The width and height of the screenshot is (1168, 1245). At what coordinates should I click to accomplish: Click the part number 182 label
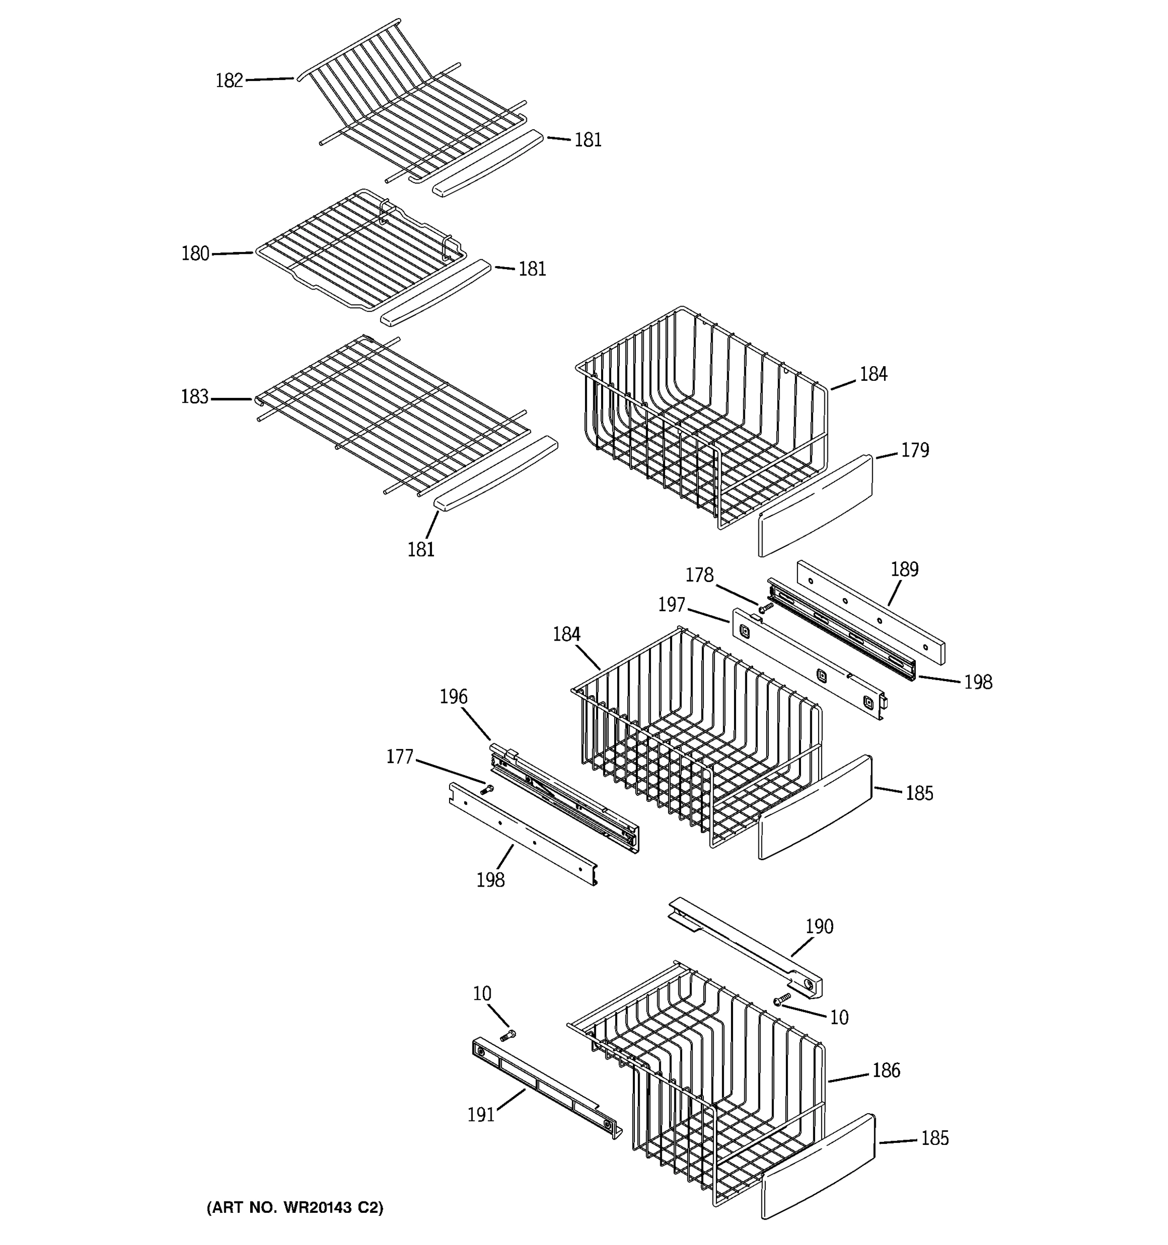pyautogui.click(x=229, y=81)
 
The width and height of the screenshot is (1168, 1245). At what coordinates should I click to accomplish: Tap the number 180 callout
pyautogui.click(x=195, y=254)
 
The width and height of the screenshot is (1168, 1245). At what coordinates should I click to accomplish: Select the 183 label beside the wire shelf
pyautogui.click(x=194, y=397)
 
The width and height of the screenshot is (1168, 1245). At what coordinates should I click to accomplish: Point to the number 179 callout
pyautogui.click(x=915, y=450)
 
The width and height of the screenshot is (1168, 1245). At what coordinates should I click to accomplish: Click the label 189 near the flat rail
pyautogui.click(x=904, y=569)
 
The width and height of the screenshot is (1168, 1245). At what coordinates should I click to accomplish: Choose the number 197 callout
pyautogui.click(x=671, y=605)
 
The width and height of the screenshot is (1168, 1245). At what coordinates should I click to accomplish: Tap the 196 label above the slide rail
pyautogui.click(x=453, y=696)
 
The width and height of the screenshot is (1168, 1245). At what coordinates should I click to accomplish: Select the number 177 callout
pyautogui.click(x=399, y=757)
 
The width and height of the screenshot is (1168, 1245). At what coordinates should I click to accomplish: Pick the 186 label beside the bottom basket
pyautogui.click(x=886, y=1070)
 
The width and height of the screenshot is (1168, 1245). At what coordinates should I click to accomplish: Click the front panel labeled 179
pyautogui.click(x=814, y=506)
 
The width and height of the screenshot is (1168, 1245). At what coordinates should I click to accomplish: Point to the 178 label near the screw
pyautogui.click(x=699, y=575)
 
